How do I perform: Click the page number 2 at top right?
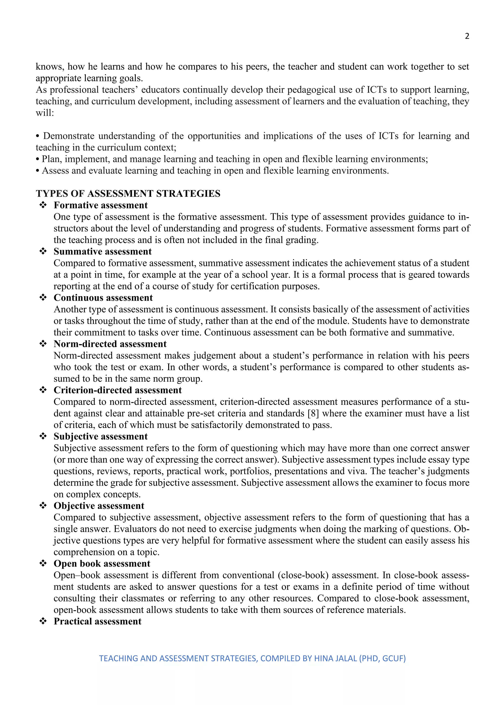pos(467,36)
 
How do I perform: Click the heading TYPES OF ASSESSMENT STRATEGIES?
pos(128,194)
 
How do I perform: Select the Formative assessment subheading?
pos(100,205)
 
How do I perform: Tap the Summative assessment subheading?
pos(103,251)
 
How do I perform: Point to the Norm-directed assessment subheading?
pos(110,344)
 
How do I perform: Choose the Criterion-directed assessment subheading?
pos(118,390)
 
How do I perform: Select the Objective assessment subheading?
pos(99,506)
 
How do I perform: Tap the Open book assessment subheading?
pos(102,564)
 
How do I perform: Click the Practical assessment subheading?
pos(97,621)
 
